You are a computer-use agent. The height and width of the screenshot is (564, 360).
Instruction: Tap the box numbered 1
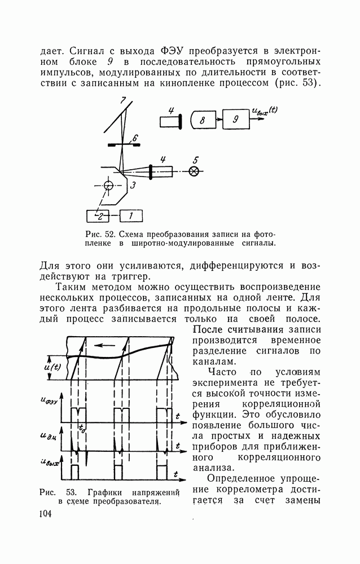(131, 215)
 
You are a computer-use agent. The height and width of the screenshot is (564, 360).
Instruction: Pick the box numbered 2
(99, 215)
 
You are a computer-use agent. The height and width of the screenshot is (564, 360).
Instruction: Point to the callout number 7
(122, 100)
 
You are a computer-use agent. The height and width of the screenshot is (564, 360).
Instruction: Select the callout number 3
(133, 184)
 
